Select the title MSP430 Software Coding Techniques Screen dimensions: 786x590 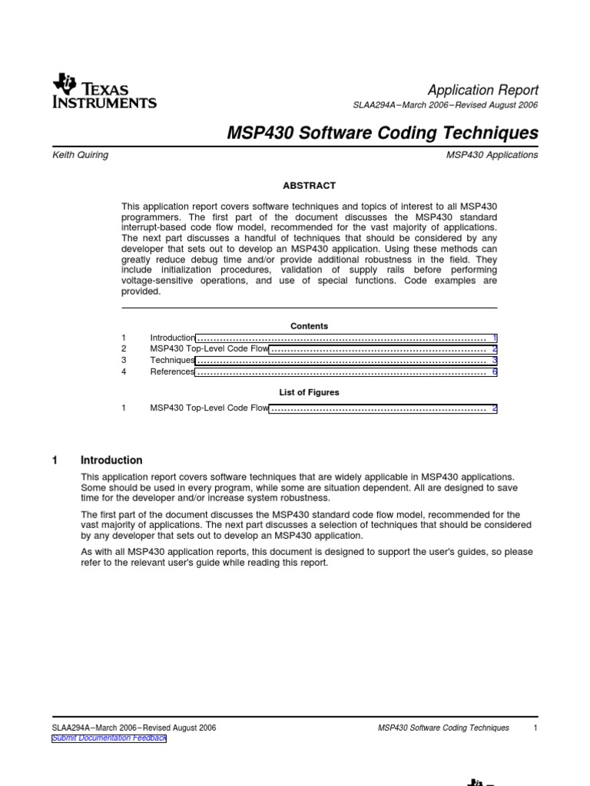(383, 133)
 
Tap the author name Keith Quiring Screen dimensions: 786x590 (80, 155)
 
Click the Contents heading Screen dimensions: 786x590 (310, 326)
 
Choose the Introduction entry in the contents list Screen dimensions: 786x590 (173, 338)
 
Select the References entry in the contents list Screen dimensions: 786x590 (173, 372)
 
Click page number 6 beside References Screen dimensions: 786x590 (495, 372)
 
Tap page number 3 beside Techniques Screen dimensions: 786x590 (495, 360)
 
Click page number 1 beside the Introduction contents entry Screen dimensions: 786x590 (495, 338)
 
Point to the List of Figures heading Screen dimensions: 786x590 (310, 392)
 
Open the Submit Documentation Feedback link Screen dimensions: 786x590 (108, 738)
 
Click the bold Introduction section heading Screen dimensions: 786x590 (111, 461)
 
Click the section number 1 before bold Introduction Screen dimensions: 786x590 (55, 461)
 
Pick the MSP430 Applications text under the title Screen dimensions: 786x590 (497, 155)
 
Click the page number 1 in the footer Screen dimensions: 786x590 (534, 728)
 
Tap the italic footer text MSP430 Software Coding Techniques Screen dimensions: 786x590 (444, 728)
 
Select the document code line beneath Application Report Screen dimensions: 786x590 (444, 105)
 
